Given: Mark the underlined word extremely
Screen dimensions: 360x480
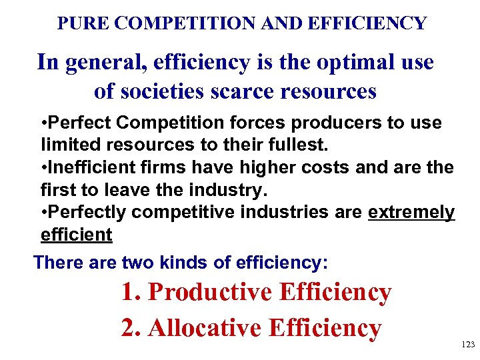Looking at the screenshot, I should [x=411, y=212].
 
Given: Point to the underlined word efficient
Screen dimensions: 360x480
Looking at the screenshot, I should [x=76, y=235].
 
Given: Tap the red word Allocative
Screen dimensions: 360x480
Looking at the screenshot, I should [x=205, y=327].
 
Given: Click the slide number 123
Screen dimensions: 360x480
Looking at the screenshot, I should [x=468, y=345].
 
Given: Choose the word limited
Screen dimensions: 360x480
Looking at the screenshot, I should [x=67, y=145].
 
